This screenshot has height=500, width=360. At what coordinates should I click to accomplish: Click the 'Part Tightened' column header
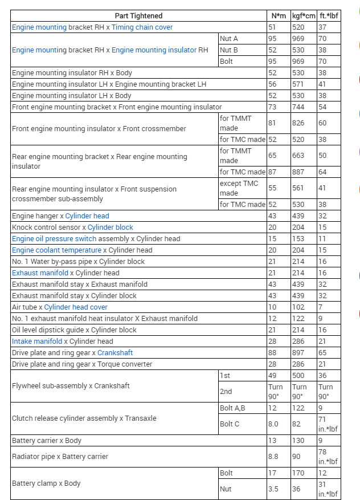coord(138,15)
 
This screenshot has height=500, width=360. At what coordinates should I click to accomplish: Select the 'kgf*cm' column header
coord(303,15)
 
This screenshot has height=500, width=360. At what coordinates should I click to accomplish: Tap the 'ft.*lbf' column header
coord(328,15)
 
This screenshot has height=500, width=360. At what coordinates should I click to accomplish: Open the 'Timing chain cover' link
coord(142,27)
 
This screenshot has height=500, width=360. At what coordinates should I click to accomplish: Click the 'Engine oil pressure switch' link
coord(54,239)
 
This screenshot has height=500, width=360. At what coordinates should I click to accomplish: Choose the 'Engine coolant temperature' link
coord(56,250)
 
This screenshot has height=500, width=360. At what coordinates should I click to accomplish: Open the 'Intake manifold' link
coord(37,342)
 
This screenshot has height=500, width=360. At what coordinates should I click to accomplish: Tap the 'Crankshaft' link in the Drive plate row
coord(115,353)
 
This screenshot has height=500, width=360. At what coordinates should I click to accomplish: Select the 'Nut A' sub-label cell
coord(228,38)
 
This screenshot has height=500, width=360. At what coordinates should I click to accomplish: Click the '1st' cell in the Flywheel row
coord(226,375)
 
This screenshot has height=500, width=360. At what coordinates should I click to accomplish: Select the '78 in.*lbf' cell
coord(328,456)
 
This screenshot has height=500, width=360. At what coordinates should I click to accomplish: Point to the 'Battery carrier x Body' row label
coord(47,440)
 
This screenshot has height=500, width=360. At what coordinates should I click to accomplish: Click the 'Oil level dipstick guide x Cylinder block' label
coord(74,330)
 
